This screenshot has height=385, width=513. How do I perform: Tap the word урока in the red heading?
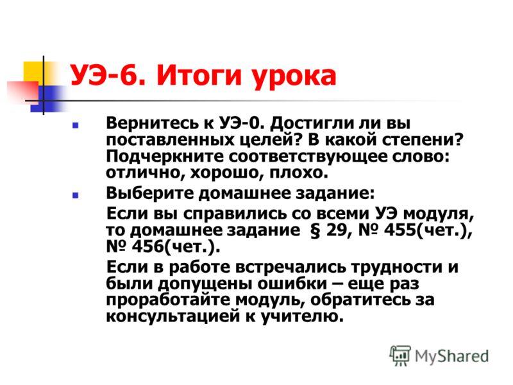point(294,78)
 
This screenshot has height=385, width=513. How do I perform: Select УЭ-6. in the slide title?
point(108,76)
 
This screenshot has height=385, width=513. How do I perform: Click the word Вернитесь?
point(152,124)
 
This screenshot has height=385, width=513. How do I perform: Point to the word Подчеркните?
point(165,157)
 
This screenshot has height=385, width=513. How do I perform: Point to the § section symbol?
point(315,230)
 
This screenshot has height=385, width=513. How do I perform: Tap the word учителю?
point(302,316)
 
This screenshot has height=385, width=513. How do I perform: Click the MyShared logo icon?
point(400,355)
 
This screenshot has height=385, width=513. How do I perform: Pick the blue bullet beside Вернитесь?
point(76,125)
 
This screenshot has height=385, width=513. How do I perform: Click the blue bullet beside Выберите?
point(76,196)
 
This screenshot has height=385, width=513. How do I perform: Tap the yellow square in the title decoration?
point(33,72)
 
